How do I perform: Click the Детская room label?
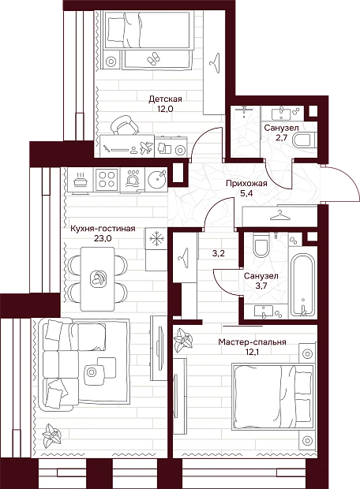click(165, 99)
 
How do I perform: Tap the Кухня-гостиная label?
click(103, 229)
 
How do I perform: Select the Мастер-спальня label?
click(253, 342)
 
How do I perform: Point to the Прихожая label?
click(246, 183)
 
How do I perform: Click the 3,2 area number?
click(219, 253)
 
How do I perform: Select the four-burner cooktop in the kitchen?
click(107, 180)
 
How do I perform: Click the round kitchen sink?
click(157, 180)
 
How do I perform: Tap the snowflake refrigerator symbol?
click(156, 239)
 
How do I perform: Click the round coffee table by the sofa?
click(92, 371)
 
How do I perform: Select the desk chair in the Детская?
click(124, 125)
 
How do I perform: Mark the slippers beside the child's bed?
click(153, 58)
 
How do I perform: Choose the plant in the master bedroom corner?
click(183, 340)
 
